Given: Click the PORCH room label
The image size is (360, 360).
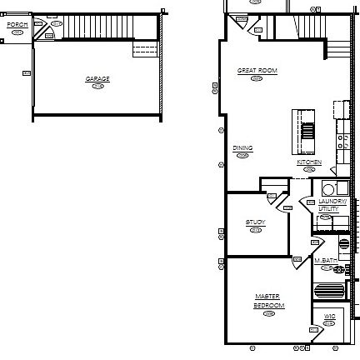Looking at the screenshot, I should point(17,25).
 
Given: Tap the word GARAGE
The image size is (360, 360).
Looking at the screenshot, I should point(97,79).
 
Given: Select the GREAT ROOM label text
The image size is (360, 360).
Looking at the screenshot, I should point(257,71).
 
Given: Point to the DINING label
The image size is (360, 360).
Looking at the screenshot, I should point(242,148).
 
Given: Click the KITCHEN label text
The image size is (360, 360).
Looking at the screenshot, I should point(309,162).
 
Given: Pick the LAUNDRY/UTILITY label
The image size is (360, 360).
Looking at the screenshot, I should point(327,205).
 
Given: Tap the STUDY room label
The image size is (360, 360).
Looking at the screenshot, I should point(255,222).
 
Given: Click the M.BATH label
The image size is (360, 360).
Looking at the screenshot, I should point(326,261).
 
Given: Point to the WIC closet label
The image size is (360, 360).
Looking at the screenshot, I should point(329,317).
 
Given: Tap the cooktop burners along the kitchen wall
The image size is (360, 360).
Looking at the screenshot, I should point(342,138).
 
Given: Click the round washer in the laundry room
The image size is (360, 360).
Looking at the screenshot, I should point(328,189).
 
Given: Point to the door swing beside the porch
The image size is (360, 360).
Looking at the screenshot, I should point(47,32).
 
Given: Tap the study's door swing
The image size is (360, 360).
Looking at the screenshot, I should point(272,197).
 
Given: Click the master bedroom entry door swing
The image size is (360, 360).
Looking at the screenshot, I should point(298,262).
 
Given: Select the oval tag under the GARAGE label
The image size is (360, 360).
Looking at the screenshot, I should point(97,86).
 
